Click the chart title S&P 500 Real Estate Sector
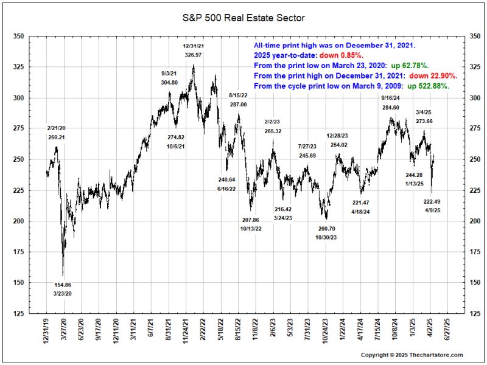pyautogui.click(x=243, y=18)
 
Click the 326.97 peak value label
pyautogui.click(x=193, y=55)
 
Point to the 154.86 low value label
pyautogui.click(x=62, y=285)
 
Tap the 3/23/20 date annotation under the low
pyautogui.click(x=62, y=294)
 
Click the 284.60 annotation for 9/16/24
pyautogui.click(x=390, y=108)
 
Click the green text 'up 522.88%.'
pyautogui.click(x=428, y=86)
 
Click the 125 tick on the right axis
pyautogui.click(x=471, y=313)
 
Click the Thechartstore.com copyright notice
pyautogui.click(x=412, y=355)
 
